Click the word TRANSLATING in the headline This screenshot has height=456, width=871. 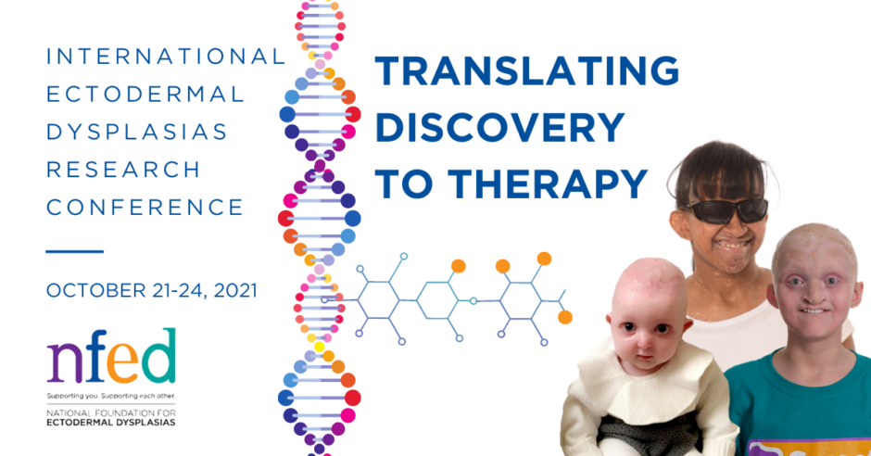point(527,70)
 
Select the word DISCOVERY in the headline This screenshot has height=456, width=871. point(500,127)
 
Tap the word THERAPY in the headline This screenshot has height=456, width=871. point(548,184)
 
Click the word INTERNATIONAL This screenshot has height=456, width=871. point(166,57)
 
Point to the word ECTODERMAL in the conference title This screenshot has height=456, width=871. point(145,94)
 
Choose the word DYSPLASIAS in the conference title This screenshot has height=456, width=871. point(137,132)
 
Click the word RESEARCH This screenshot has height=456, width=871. point(123,170)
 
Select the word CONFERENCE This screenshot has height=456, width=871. point(145,208)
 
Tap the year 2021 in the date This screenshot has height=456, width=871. point(235,290)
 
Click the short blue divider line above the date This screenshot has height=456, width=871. point(74,251)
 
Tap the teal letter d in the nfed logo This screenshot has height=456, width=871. point(158,356)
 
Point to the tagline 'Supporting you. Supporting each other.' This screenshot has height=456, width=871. point(111,396)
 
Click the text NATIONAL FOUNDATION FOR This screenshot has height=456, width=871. point(111,413)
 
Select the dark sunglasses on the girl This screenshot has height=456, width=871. point(727,210)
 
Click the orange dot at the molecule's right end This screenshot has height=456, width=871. point(565,317)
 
